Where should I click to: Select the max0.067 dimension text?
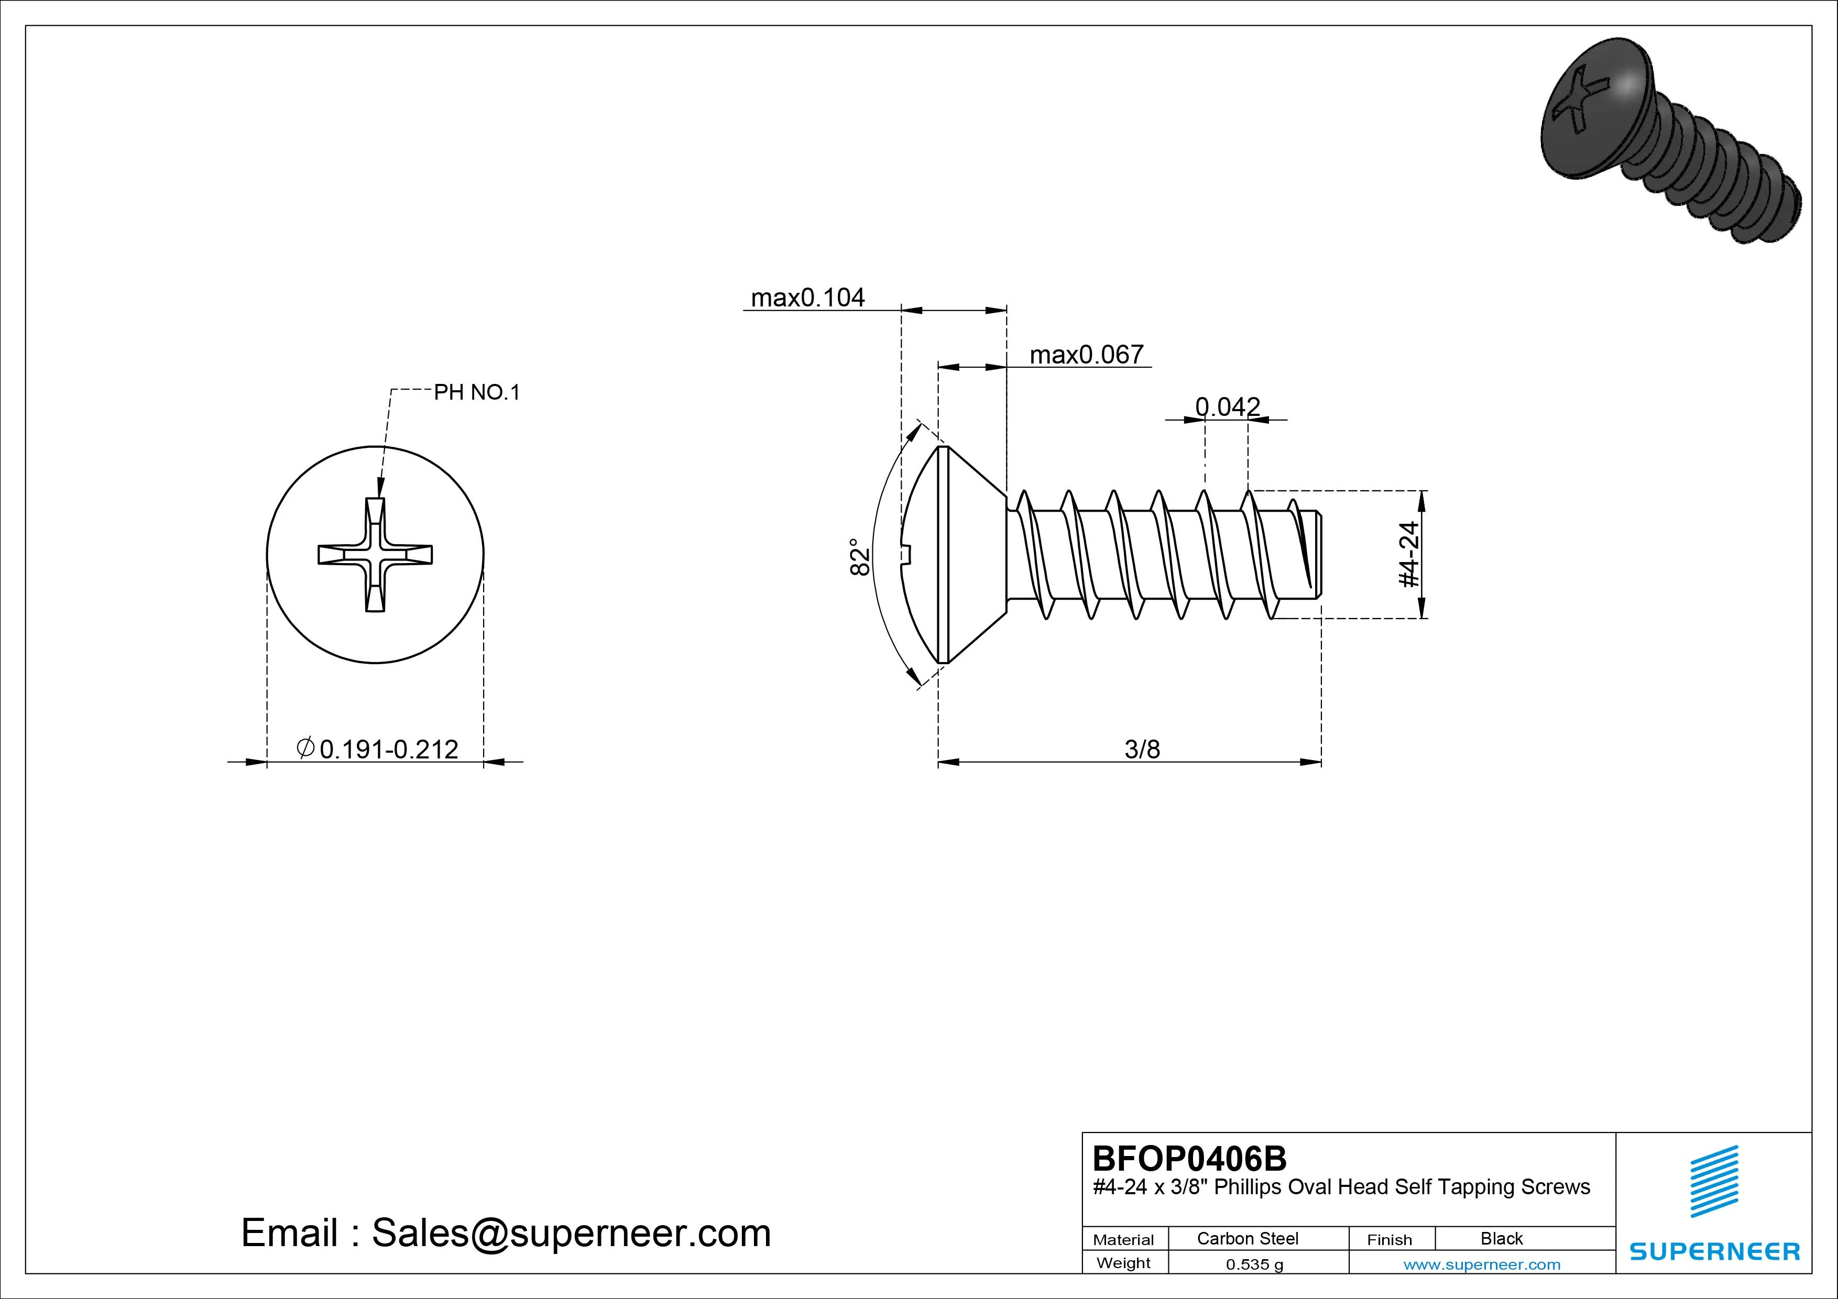pyautogui.click(x=1086, y=355)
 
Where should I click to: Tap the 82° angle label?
pyautogui.click(x=859, y=556)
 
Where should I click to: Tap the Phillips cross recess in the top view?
pyautogui.click(x=375, y=554)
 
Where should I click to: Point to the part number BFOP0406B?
pyautogui.click(x=1189, y=1158)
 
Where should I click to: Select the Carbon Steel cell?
pyautogui.click(x=1247, y=1238)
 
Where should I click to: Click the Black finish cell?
pyautogui.click(x=1501, y=1238)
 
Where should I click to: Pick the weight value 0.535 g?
pyautogui.click(x=1254, y=1264)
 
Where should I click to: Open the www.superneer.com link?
pyautogui.click(x=1482, y=1264)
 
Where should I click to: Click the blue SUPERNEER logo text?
pyautogui.click(x=1715, y=1251)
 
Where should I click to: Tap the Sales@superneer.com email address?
pyautogui.click(x=571, y=1232)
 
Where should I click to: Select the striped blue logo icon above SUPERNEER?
pyautogui.click(x=1714, y=1181)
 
